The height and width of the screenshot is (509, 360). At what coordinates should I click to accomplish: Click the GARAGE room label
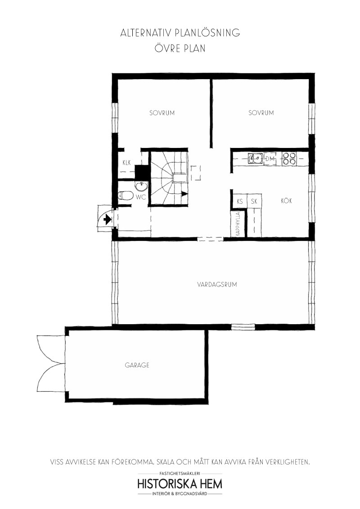[x=137, y=365]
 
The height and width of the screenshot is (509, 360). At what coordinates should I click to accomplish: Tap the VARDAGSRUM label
[x=217, y=284]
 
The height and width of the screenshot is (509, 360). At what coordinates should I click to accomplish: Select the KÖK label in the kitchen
[x=286, y=201]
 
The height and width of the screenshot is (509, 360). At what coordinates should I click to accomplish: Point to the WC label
[x=141, y=197]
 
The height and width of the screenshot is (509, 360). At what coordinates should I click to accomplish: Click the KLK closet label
[x=127, y=163]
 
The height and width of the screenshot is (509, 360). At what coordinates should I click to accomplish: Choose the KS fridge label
[x=240, y=201]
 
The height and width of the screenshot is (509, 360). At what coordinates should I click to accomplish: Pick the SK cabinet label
[x=254, y=201]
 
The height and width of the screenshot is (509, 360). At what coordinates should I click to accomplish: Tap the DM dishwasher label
[x=270, y=159]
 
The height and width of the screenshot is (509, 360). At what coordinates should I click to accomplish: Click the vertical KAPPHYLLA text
[x=238, y=224]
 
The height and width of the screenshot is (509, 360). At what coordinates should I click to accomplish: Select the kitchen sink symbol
[x=256, y=158]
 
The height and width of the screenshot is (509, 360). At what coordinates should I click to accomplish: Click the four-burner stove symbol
[x=289, y=158]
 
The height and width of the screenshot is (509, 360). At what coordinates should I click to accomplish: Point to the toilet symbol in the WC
[x=126, y=196]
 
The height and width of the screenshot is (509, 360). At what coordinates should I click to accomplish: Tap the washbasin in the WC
[x=141, y=186]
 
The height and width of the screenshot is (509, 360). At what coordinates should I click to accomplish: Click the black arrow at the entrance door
[x=107, y=220]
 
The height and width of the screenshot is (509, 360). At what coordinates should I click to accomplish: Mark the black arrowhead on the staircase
[x=184, y=194]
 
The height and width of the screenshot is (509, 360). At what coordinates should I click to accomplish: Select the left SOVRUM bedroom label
[x=162, y=113]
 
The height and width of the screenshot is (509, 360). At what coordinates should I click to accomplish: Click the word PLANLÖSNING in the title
[x=207, y=33]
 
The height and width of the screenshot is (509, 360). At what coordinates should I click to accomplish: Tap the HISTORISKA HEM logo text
[x=180, y=484]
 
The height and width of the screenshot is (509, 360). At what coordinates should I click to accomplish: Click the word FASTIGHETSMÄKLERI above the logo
[x=180, y=474]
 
